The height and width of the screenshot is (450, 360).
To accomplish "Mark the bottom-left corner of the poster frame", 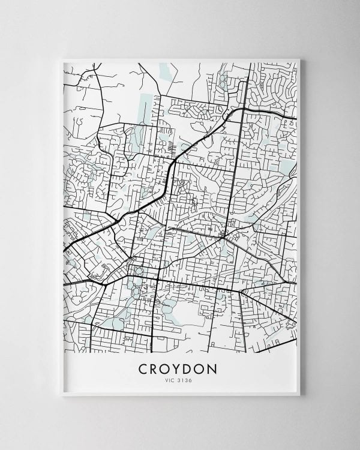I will coord(60,398).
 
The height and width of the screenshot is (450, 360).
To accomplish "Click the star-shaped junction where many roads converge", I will coord(224,238).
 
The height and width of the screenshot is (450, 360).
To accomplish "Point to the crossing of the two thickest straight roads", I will coord(157,280).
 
